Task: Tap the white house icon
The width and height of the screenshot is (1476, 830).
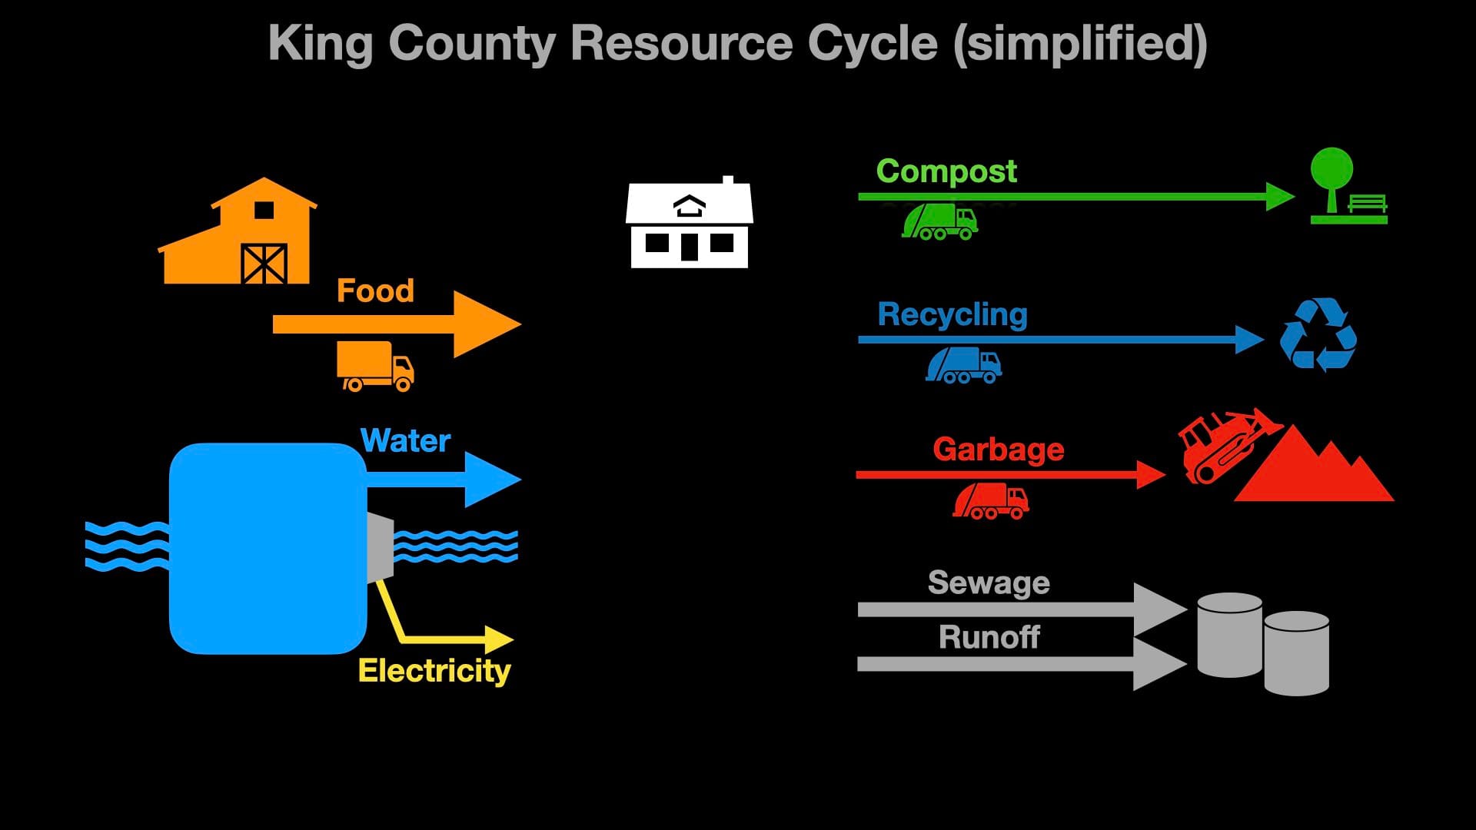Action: click(689, 225)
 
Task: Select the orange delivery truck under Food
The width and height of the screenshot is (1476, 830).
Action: click(375, 367)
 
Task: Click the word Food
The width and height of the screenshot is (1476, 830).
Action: click(375, 291)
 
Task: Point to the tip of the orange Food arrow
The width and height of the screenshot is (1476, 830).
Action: click(518, 324)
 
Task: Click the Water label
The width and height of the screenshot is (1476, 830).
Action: click(405, 440)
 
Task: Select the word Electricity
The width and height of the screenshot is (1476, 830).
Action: click(434, 671)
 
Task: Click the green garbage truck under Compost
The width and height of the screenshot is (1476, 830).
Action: click(939, 222)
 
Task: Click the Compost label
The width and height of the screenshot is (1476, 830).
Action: click(946, 171)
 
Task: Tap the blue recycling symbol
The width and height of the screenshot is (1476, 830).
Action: click(1318, 335)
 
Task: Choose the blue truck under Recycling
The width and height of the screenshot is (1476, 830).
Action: click(963, 365)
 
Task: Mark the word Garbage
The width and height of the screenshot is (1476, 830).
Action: click(998, 450)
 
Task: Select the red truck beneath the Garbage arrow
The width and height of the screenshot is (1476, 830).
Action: click(991, 501)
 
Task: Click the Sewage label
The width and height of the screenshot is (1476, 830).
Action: click(989, 583)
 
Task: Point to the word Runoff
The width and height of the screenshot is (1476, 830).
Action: click(989, 637)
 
